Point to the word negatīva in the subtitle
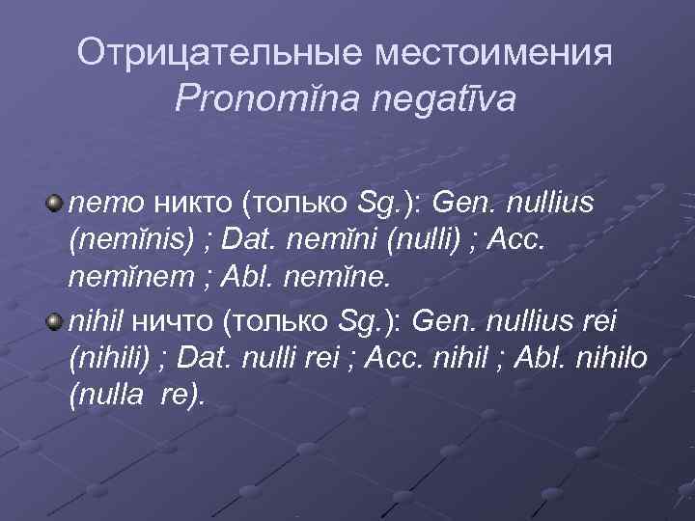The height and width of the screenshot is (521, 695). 457,99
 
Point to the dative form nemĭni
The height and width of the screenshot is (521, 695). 340,240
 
